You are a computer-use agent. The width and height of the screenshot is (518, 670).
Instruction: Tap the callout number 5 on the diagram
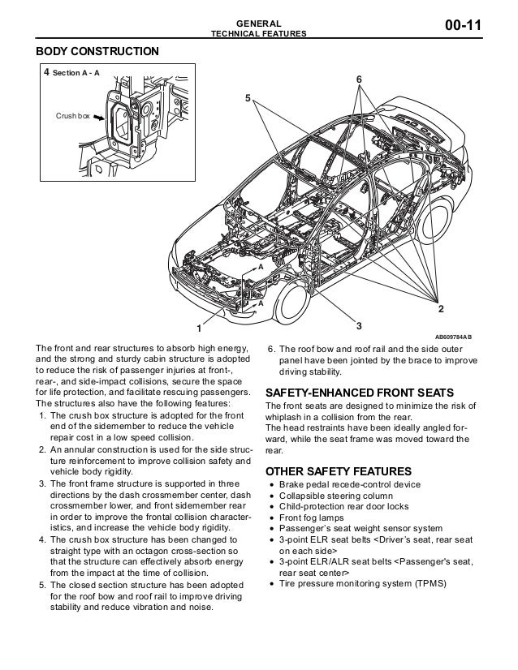(248, 98)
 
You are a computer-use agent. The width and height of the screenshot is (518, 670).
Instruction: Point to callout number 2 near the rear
(441, 309)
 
